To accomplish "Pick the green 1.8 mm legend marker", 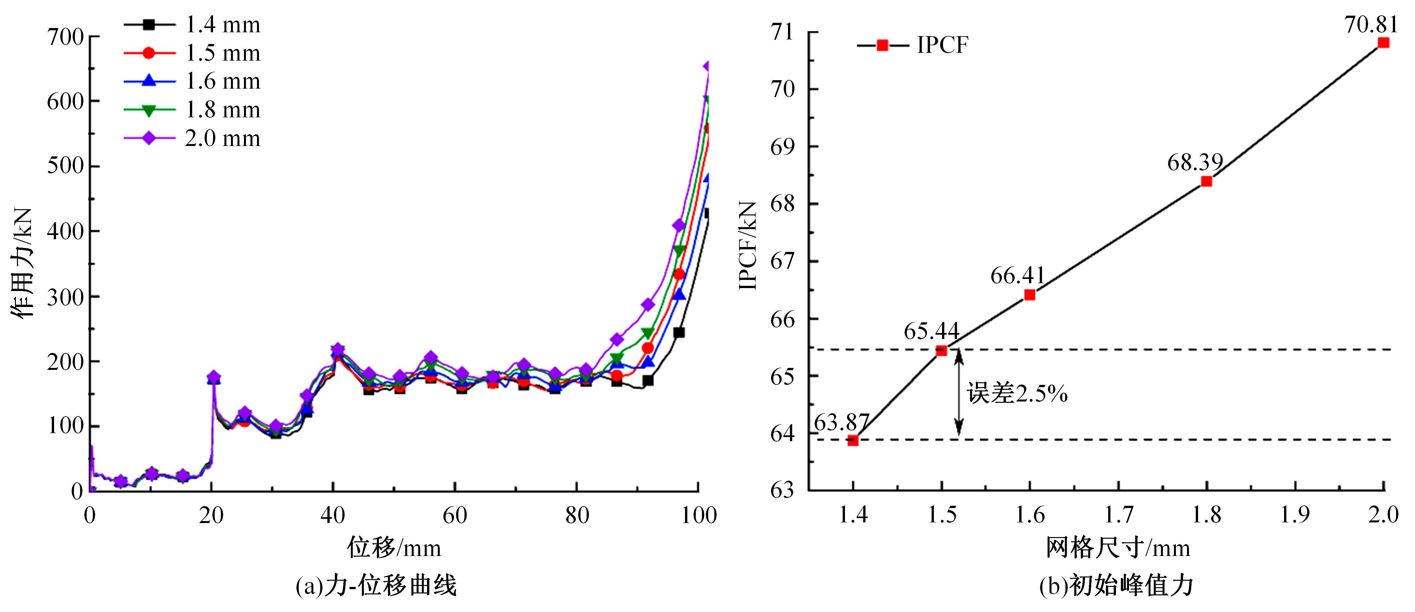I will [149, 110].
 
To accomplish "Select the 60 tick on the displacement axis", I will [455, 515].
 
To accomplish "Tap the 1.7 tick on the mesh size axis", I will [1118, 515].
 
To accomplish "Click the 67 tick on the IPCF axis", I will [782, 261].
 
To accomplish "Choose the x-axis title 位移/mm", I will [394, 548].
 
